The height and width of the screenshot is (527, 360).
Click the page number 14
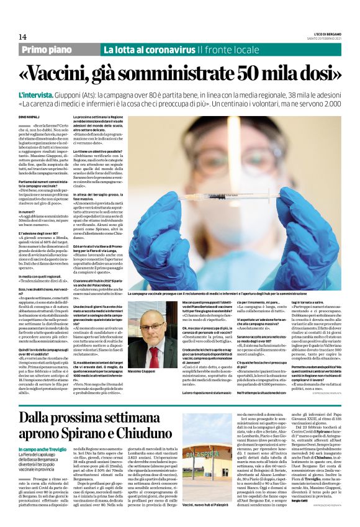point(23,37)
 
